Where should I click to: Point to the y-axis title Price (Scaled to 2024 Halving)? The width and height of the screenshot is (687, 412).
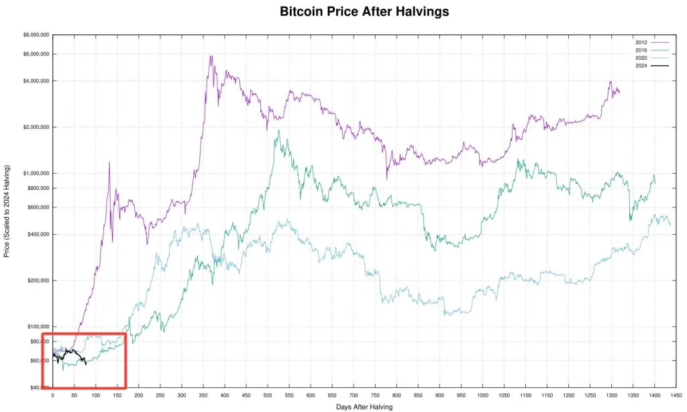[7, 210]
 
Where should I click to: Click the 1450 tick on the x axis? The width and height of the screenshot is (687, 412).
[676, 395]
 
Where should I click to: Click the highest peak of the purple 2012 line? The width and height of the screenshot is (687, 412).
[211, 56]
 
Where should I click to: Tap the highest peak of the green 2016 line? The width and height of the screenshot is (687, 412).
[278, 131]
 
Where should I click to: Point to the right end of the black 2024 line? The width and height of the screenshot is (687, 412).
[86, 364]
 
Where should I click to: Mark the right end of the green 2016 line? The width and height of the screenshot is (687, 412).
[655, 182]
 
